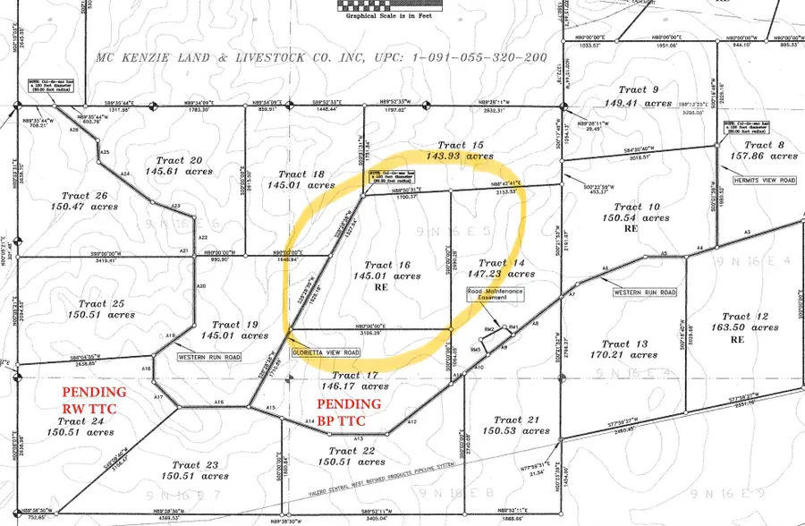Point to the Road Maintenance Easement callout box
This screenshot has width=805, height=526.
495,298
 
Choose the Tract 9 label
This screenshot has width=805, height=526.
639,89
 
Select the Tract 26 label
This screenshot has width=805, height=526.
86,195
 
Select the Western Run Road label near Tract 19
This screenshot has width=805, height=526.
210,356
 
